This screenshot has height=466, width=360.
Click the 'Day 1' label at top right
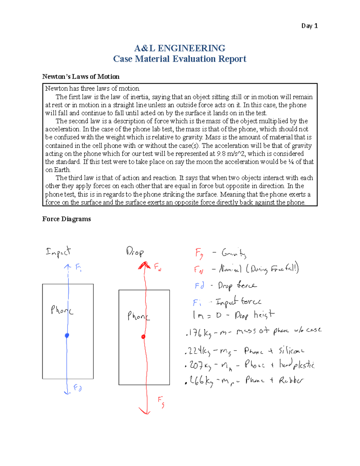point(309,26)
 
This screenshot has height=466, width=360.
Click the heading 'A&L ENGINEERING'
point(180,48)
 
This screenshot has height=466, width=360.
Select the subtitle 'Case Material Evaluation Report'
point(180,59)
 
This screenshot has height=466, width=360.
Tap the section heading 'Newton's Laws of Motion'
point(81,77)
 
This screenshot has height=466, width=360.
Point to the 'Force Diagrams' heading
point(66,219)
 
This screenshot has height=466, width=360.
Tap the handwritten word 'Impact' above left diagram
point(58,252)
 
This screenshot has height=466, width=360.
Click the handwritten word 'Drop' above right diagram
point(135,251)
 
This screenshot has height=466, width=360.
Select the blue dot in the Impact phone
point(67,335)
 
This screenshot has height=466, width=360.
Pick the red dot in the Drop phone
point(143,337)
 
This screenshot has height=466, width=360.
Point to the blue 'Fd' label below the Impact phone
point(78,388)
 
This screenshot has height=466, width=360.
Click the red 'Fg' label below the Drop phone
point(161,402)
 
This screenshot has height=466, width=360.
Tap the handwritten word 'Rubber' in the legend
point(291,380)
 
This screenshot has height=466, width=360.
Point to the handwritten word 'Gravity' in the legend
point(234,254)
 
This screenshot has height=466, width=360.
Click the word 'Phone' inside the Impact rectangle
point(62,310)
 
